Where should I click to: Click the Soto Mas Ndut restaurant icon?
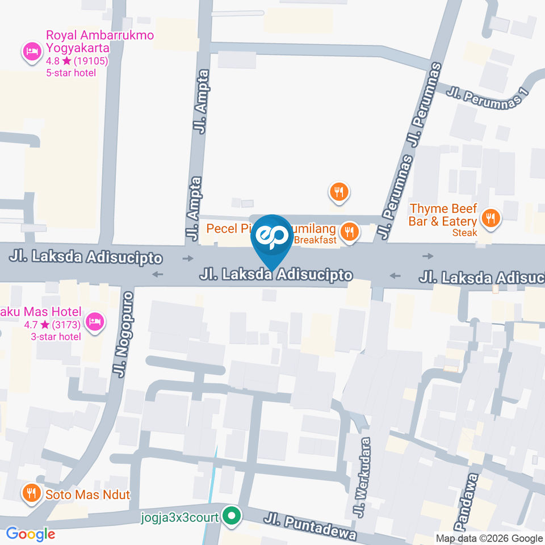[x=31, y=494]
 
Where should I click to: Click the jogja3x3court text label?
[x=181, y=518]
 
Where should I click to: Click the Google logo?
[x=31, y=534]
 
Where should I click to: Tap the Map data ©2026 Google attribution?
[x=489, y=538]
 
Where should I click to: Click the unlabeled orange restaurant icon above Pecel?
[x=339, y=191]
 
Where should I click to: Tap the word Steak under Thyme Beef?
[x=465, y=232]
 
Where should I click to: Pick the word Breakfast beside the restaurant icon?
[x=315, y=240]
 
